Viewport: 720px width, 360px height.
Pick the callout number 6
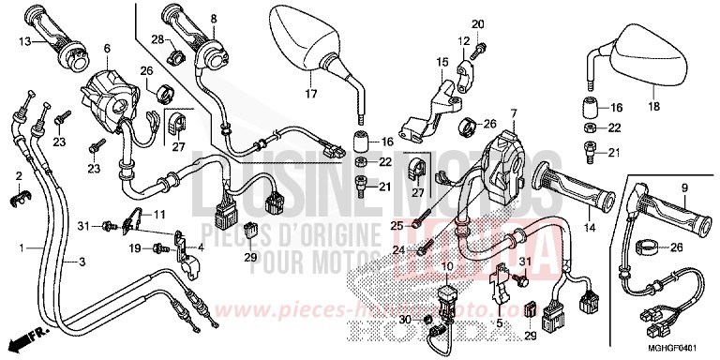click(x=107, y=48)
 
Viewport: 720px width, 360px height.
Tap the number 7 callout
click(x=513, y=114)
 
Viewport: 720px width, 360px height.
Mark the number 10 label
click(x=447, y=268)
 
